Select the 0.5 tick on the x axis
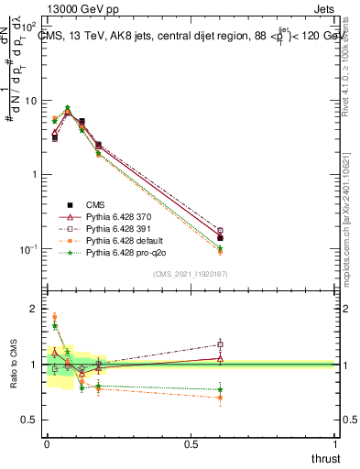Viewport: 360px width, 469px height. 191,446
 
